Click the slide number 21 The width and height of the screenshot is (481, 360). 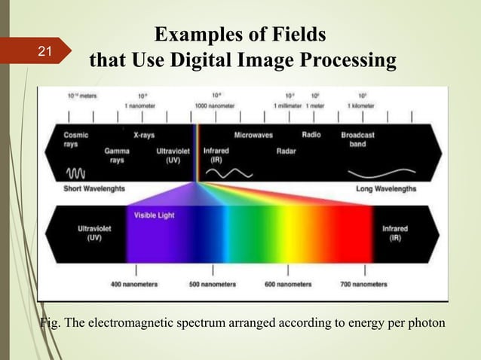click(44, 52)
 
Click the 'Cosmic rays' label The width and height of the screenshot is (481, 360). click(75, 139)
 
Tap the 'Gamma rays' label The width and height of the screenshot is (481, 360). click(116, 155)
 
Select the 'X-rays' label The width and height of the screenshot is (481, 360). click(144, 136)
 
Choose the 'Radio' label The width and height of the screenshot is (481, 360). click(311, 136)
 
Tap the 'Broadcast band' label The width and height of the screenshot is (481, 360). click(357, 139)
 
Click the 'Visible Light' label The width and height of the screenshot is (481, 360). click(154, 215)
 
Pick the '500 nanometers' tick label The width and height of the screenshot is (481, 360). click(213, 284)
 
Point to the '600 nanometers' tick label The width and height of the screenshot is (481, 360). click(288, 284)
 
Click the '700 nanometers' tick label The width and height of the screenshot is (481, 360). click(364, 284)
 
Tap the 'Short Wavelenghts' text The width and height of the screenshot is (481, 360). click(94, 188)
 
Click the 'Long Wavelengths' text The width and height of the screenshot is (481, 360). click(385, 188)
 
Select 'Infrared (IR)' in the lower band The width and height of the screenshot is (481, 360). click(395, 233)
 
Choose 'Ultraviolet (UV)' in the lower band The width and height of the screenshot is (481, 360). click(92, 233)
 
